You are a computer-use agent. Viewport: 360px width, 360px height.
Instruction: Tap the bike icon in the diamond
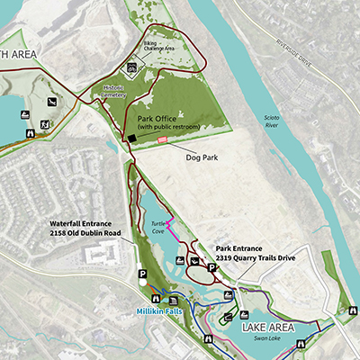(132, 67)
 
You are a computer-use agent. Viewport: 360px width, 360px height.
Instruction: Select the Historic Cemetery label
(114, 92)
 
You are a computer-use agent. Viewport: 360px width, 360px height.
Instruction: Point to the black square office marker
(130, 138)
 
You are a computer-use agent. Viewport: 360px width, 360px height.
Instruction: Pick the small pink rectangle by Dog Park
(163, 140)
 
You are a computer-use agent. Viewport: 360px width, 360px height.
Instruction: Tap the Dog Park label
(202, 157)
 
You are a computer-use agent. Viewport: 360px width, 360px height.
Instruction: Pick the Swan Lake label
(269, 340)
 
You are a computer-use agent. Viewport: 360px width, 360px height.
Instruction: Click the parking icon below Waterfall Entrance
(141, 274)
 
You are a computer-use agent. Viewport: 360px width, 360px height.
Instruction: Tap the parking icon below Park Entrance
(212, 267)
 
